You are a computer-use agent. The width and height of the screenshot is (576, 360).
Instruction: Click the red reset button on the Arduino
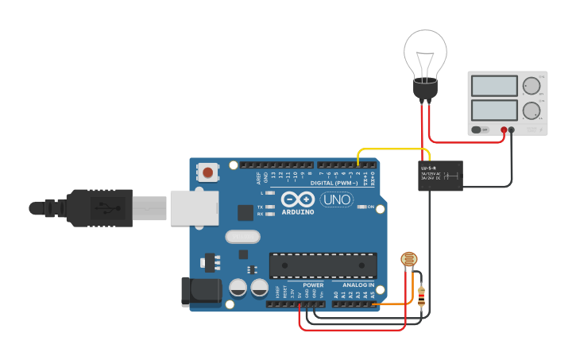[x=208, y=172]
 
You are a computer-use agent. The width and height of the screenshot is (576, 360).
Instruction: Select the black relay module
[x=442, y=176]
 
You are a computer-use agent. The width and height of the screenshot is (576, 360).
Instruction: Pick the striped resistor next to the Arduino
[x=421, y=297]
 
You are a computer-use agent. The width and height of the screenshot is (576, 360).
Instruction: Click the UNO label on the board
[x=337, y=199]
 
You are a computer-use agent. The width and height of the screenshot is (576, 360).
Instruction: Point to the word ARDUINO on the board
[x=298, y=212]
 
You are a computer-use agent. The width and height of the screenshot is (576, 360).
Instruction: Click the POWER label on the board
[x=313, y=285]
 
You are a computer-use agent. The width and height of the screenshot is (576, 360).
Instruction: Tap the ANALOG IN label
[x=358, y=285]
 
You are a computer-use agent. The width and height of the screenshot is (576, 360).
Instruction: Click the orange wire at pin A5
[x=393, y=304]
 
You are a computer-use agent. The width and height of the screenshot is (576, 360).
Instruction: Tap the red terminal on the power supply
[x=504, y=130]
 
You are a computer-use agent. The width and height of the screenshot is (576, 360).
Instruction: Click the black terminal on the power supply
[x=512, y=130]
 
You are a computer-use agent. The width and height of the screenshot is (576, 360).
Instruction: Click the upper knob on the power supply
[x=530, y=85]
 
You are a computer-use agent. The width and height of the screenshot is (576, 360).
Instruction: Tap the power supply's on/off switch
[x=477, y=130]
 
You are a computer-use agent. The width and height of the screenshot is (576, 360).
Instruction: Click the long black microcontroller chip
[x=323, y=265]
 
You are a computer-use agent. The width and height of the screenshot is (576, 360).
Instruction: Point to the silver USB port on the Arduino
[x=193, y=207]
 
